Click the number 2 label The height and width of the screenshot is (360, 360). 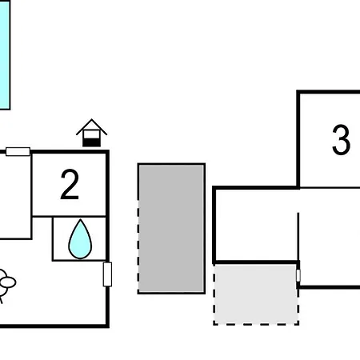pos(70,184)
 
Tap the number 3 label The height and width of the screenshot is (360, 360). pos(341,139)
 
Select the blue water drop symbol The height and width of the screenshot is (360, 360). pos(80,239)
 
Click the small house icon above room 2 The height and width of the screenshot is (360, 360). pos(91,133)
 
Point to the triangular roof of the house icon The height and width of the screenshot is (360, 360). pos(91,126)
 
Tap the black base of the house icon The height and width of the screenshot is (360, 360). pos(91,142)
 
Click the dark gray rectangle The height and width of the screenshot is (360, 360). pos(171,229)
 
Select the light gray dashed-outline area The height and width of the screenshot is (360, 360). pos(256,294)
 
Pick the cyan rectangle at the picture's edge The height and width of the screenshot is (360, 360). pos(5,54)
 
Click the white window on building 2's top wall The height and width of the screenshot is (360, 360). pos(18,152)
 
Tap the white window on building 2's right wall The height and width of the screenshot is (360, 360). pos(107,274)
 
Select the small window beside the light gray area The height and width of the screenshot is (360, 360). pos(298,275)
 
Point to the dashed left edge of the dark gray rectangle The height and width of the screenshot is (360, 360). pos(138,246)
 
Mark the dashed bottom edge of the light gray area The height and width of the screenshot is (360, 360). pos(256,324)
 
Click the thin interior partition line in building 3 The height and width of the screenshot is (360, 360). pos(298,237)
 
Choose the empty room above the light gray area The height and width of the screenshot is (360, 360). pos(256,225)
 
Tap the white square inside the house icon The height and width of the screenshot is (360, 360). pos(91,134)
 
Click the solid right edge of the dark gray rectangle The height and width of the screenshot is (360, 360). pos(204,229)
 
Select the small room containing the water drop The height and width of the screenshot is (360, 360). pos(79,238)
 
